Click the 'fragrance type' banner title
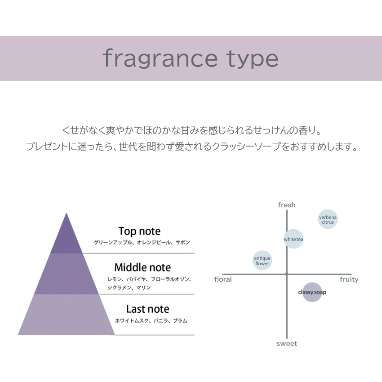coord(191,59)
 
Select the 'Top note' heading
coord(139,231)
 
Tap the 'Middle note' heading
coord(142,267)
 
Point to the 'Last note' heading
coord(147,309)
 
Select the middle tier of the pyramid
coord(67,274)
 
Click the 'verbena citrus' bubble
coord(328,219)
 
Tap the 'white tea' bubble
coord(293,239)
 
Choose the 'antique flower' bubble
coord(262,261)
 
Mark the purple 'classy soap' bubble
coord(312,292)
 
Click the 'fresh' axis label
coord(287,205)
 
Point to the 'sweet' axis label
coord(287,343)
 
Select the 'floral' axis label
coord(223,280)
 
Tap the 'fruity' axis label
coord(349,280)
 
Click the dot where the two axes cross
coord(287,274)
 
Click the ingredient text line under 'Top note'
coord(142,243)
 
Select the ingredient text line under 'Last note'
coord(151,321)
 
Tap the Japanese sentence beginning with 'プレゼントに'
coord(191,147)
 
